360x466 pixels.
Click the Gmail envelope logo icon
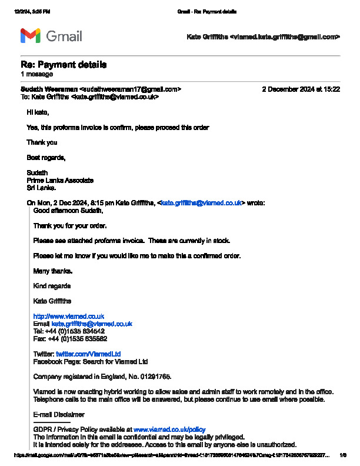tap(31, 36)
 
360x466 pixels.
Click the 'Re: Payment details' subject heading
tap(64, 65)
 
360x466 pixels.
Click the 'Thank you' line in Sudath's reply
tap(42, 142)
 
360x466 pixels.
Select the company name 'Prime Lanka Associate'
tap(60, 181)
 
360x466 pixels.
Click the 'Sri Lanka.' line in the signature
tap(41, 188)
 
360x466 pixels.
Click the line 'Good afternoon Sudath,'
tap(68, 211)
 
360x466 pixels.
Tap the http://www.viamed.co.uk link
tap(69, 317)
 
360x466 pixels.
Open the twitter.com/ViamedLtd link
tap(88, 354)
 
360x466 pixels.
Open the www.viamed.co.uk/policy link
tap(169, 430)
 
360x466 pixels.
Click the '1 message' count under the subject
tap(36, 75)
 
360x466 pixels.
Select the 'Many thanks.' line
tap(53, 271)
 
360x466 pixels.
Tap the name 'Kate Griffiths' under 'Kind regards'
tap(53, 301)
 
